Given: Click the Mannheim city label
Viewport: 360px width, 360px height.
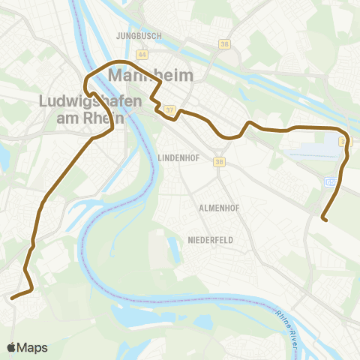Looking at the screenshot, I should [x=151, y=76].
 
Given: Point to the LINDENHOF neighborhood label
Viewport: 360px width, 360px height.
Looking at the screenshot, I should [x=178, y=157].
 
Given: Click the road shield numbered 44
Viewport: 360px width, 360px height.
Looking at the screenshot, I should [x=142, y=55].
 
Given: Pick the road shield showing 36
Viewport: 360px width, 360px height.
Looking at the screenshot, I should [x=219, y=161].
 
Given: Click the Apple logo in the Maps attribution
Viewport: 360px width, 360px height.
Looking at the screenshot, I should [x=13, y=347].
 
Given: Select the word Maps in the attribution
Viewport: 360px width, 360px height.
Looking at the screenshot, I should [x=34, y=347].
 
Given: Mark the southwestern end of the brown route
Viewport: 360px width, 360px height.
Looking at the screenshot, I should [x=12, y=298].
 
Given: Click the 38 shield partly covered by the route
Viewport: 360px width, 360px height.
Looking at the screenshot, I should [x=343, y=141].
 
